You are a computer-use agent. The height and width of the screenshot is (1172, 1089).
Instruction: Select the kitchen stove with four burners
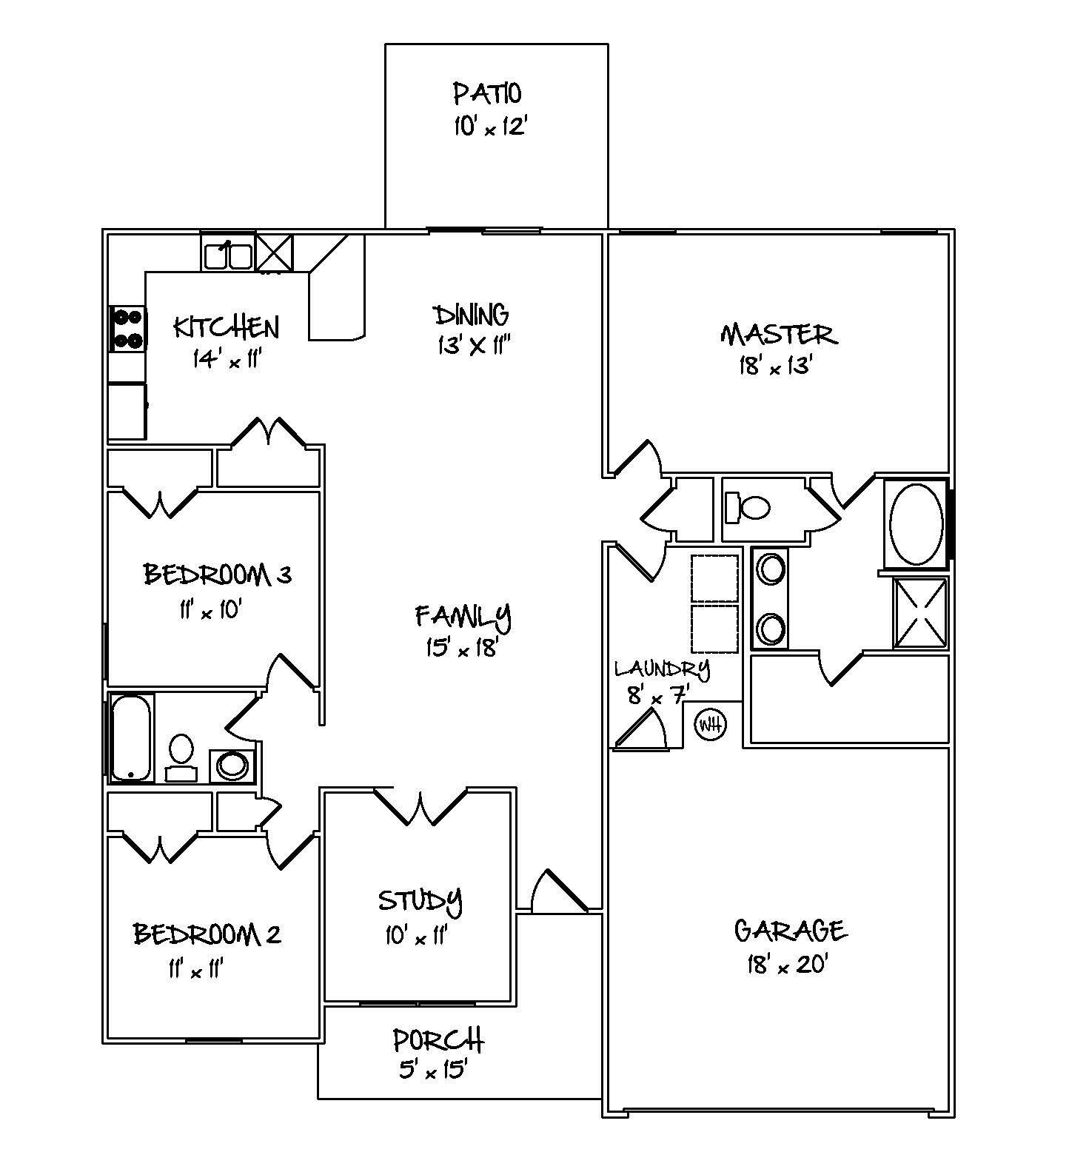point(127,329)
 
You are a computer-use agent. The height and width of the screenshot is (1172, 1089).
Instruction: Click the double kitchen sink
point(227,255)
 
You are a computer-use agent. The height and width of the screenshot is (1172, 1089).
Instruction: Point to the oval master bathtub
point(917,524)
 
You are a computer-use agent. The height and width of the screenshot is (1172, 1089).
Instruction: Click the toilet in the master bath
point(748,508)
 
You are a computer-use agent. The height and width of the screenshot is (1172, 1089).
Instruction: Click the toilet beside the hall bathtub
point(181,755)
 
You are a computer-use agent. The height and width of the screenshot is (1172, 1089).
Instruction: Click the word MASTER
point(779,334)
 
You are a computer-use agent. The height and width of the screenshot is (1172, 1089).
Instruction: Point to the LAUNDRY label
point(662,669)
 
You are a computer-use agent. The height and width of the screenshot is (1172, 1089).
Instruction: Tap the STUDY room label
point(420,900)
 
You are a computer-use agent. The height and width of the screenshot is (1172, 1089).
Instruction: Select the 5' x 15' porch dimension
point(433,1070)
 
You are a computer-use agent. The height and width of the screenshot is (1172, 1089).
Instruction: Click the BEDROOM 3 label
point(217,575)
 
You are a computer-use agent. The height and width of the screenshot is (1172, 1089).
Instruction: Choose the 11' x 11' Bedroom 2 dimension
point(195,969)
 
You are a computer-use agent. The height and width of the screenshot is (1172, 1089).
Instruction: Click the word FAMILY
point(463,615)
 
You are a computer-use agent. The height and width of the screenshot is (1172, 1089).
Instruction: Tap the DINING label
point(472,315)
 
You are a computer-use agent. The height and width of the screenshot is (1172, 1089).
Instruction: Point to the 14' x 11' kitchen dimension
point(227,359)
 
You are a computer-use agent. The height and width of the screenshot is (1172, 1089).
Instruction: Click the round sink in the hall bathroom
point(232,766)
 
